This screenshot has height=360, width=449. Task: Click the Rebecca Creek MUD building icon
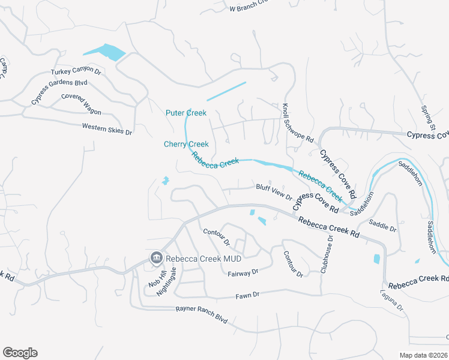click(x=156, y=257)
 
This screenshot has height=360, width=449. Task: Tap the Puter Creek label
click(x=186, y=113)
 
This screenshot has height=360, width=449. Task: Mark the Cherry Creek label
click(x=186, y=144)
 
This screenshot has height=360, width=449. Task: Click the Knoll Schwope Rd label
click(x=298, y=122)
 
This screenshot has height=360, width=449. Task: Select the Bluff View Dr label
click(x=274, y=192)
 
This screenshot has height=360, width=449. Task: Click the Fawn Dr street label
click(x=247, y=295)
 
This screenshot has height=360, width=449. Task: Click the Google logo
click(x=20, y=353)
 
